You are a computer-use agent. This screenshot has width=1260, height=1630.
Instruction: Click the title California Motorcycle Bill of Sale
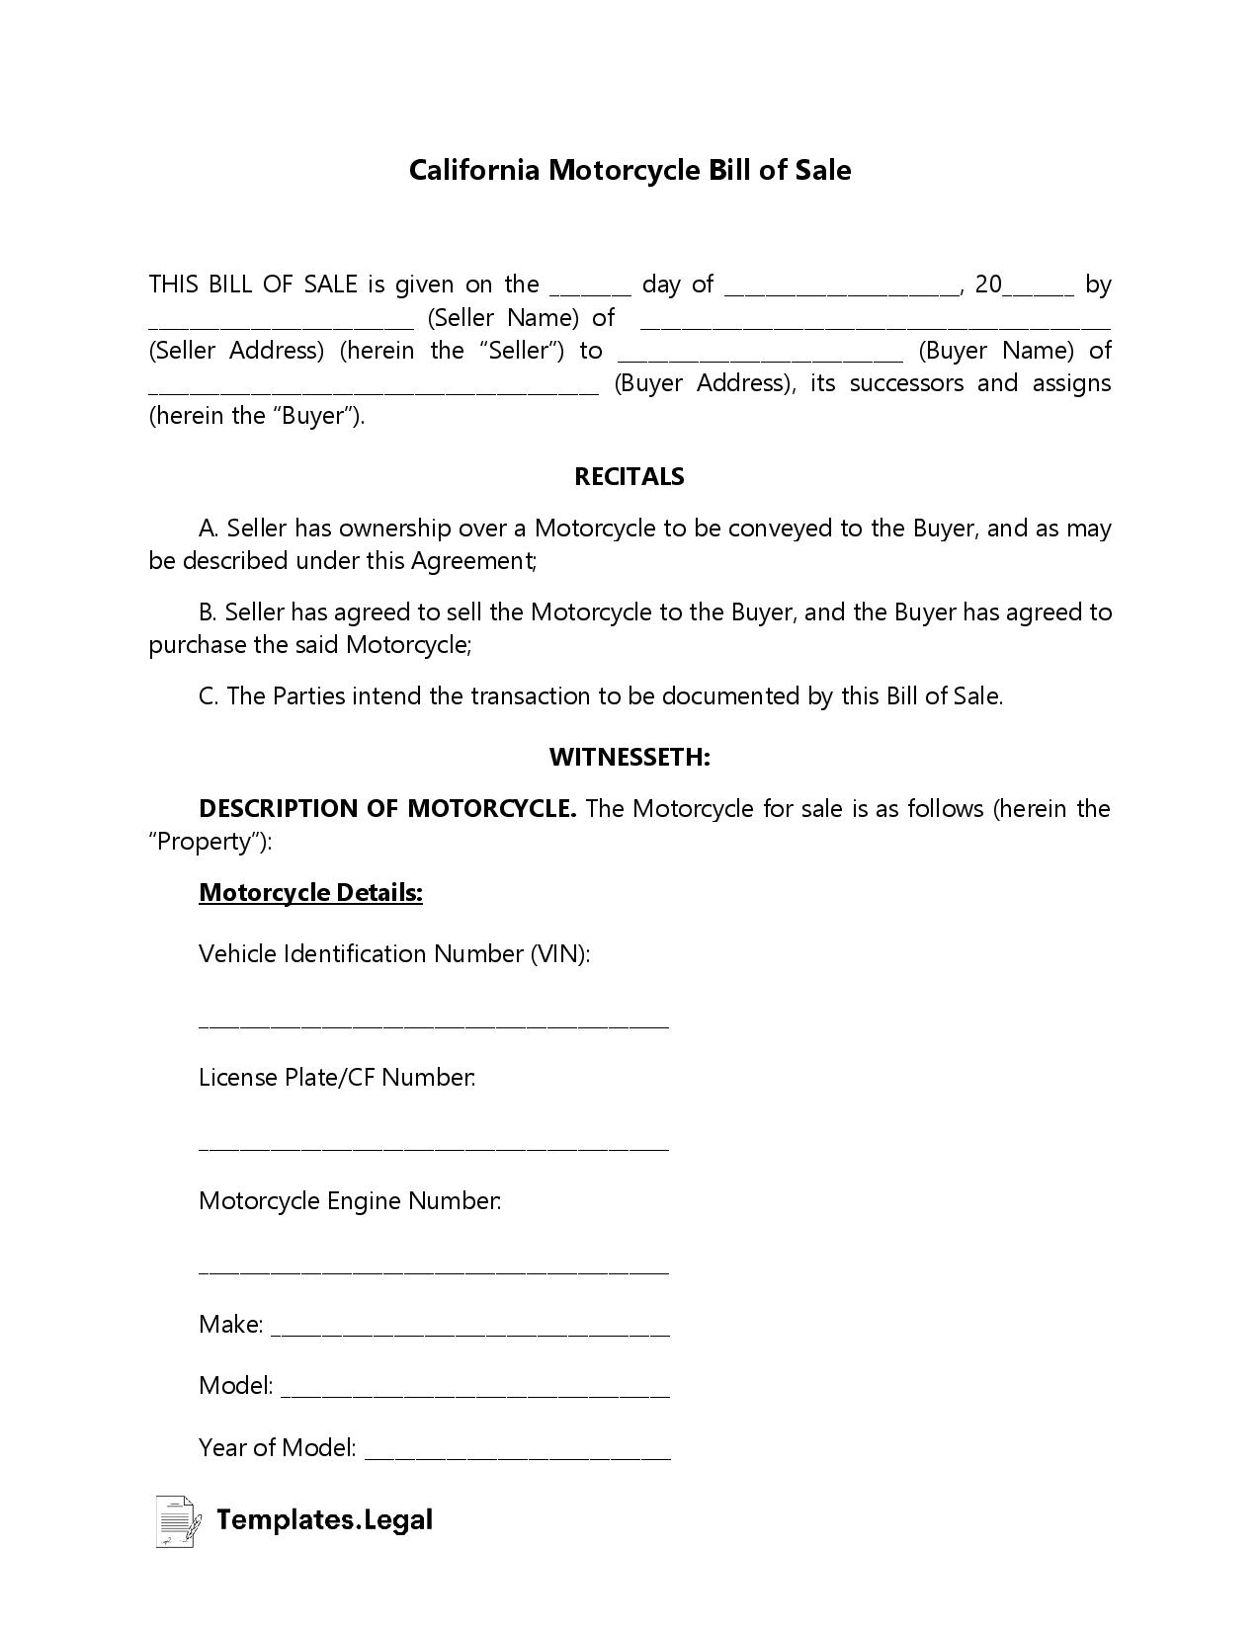pos(630,170)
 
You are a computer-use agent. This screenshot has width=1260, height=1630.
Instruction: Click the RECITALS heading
pos(630,476)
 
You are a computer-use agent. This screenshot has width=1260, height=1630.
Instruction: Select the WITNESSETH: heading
pos(630,758)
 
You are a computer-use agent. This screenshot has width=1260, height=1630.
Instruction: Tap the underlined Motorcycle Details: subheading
pos(310,893)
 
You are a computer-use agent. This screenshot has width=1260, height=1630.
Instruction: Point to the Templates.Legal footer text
pos(324,1519)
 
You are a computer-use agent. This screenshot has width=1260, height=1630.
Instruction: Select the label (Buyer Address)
pos(704,383)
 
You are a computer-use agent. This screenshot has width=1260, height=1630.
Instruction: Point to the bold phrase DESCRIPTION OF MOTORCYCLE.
pos(387,809)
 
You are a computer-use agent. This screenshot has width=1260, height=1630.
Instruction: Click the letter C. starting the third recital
pos(208,696)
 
